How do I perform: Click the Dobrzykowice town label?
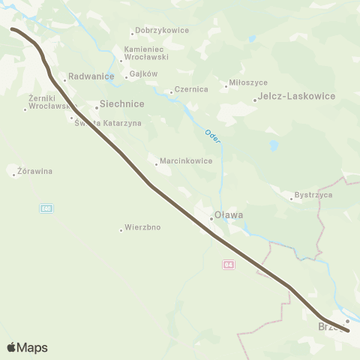click(x=162, y=31)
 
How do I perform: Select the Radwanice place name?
click(x=90, y=76)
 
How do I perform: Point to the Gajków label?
click(x=143, y=74)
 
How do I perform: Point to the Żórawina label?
click(x=34, y=171)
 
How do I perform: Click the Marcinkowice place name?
click(x=185, y=160)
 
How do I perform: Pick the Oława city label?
click(x=229, y=215)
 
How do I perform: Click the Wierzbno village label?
click(x=142, y=226)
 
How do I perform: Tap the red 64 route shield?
click(x=229, y=264)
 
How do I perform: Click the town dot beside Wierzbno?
click(x=121, y=229)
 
